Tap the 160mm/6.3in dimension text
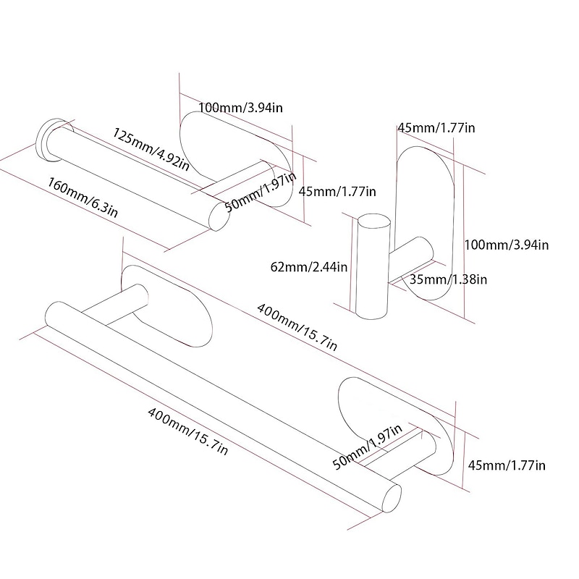(x=83, y=196)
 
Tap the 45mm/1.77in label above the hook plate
(x=436, y=128)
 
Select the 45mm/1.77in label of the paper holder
(x=338, y=191)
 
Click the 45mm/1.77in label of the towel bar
(x=507, y=465)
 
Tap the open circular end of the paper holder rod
(x=216, y=216)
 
